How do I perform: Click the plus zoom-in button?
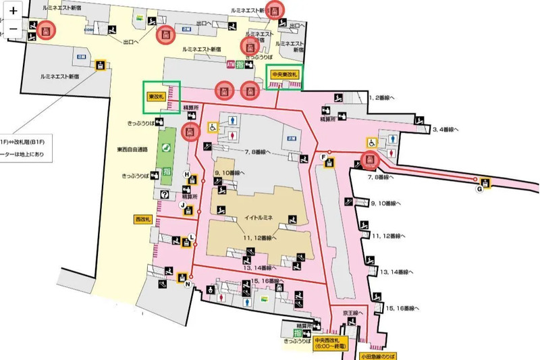click(13, 11)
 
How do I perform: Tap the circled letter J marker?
click(182, 205)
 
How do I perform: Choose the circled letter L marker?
click(192, 236)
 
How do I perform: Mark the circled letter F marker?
click(324, 157)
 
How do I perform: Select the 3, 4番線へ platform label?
click(446, 128)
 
